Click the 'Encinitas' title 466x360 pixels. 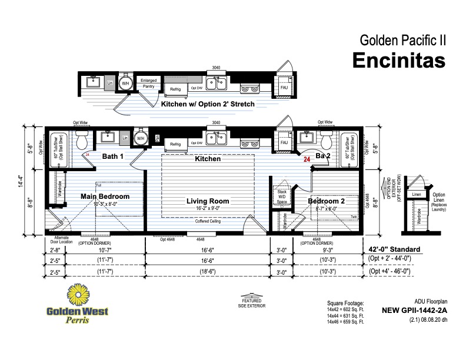click(x=398, y=60)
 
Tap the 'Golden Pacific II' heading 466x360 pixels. click(x=402, y=41)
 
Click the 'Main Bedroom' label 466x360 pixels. click(x=105, y=196)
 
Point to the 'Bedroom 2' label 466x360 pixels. click(x=327, y=201)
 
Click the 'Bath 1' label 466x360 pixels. click(x=112, y=156)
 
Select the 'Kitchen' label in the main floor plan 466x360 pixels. click(x=208, y=159)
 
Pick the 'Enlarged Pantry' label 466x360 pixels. click(x=148, y=84)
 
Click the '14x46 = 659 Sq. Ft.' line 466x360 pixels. click(x=345, y=321)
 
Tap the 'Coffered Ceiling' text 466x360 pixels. click(x=208, y=221)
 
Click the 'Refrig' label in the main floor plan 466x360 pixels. click(x=175, y=144)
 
